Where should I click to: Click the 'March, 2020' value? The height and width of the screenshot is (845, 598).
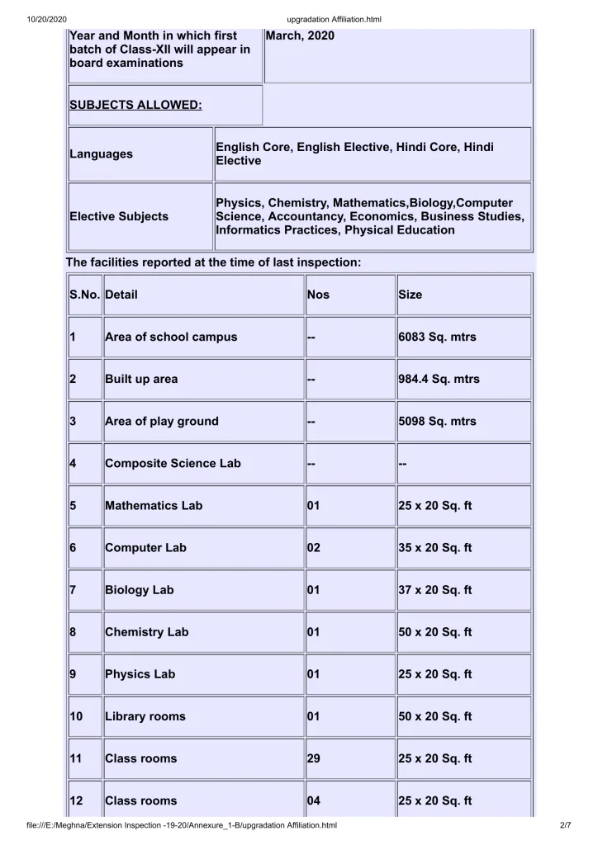[x=301, y=36]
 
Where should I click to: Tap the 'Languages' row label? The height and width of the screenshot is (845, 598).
[x=101, y=154]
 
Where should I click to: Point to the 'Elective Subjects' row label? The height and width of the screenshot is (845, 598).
[x=119, y=216]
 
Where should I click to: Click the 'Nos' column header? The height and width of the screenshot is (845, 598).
[x=318, y=295]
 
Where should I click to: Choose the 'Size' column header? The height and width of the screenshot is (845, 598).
[x=410, y=295]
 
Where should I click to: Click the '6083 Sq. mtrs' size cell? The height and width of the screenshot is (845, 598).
[x=437, y=337]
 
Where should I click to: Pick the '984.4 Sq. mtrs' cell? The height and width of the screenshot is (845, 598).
[x=439, y=380]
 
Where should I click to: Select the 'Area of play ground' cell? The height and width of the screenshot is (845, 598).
[x=162, y=421]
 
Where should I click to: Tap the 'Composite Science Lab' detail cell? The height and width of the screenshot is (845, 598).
[x=173, y=464]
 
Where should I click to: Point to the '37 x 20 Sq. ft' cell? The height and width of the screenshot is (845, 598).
[x=434, y=590]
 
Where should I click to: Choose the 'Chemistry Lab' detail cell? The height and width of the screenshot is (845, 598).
[x=147, y=632]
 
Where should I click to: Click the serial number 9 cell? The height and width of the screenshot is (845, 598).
[x=74, y=674]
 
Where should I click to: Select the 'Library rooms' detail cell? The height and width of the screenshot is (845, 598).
[x=145, y=716]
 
